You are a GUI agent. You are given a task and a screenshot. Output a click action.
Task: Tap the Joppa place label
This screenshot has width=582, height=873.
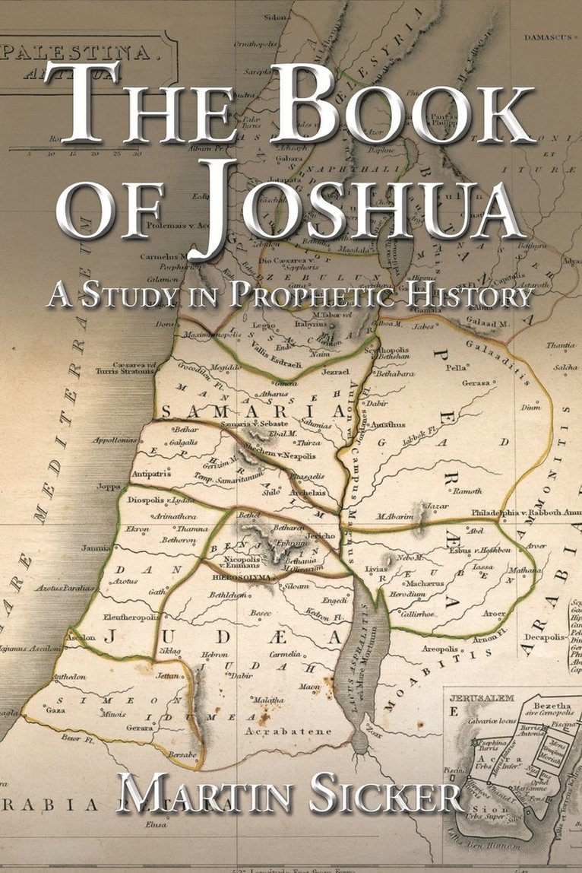pyautogui.click(x=109, y=486)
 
